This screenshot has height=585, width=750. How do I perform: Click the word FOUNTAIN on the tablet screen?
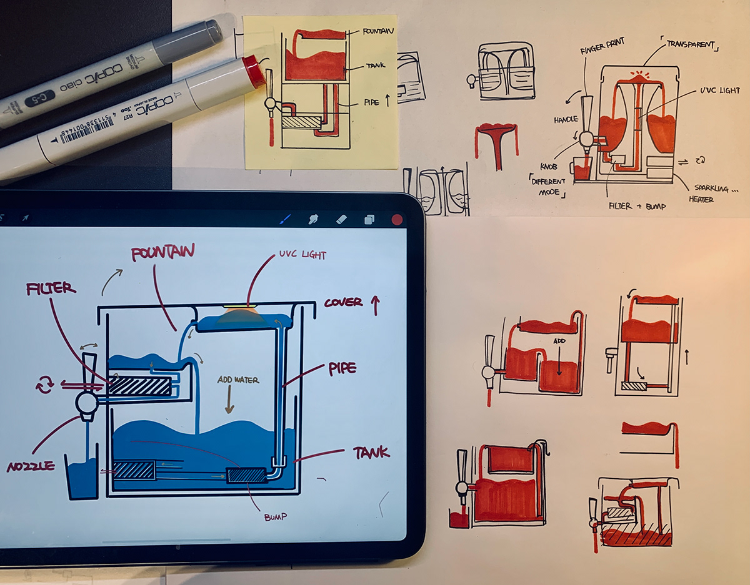(162, 253)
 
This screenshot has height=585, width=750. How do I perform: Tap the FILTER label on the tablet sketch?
(51, 289)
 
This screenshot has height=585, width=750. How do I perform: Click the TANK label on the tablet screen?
(371, 452)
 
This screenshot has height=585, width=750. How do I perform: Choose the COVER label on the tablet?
(343, 303)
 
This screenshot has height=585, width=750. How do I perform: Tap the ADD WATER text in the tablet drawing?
(237, 380)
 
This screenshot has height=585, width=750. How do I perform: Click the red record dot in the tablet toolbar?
(396, 219)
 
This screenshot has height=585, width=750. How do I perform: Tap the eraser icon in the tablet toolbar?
(341, 219)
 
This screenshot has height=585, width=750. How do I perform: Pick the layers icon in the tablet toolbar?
(369, 219)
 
